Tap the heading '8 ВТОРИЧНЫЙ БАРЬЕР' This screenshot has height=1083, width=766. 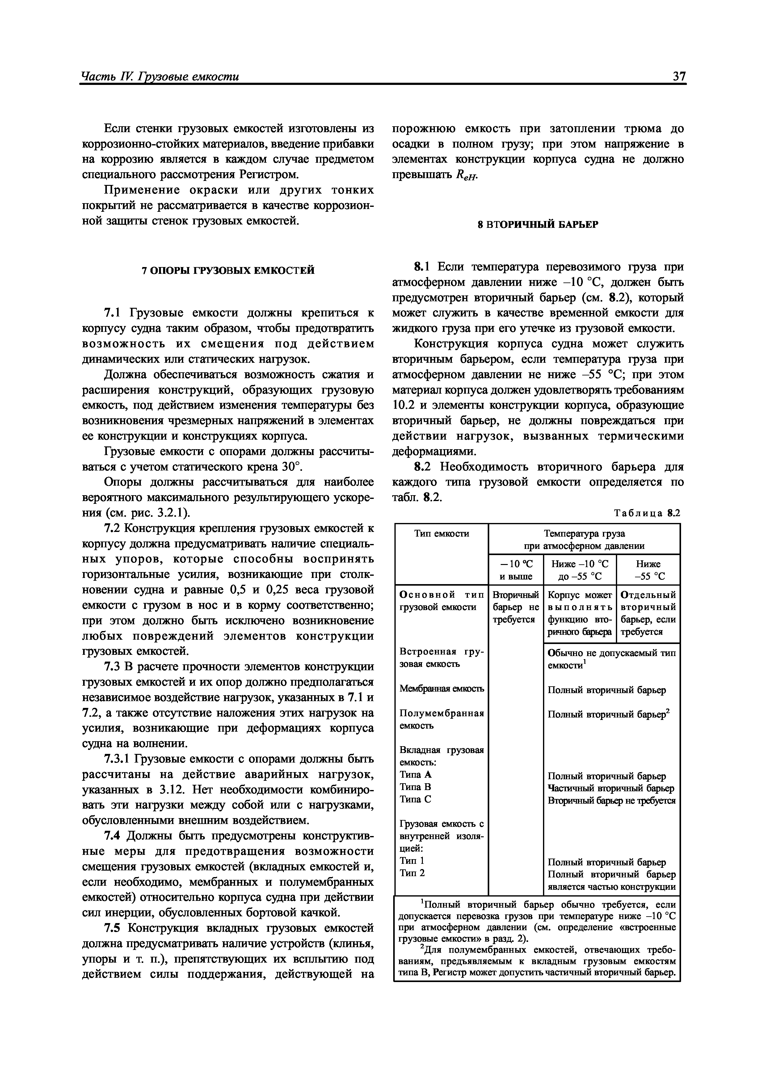tap(538, 225)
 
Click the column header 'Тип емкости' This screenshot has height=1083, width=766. tap(441, 533)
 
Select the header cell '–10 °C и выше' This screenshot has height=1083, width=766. tap(516, 570)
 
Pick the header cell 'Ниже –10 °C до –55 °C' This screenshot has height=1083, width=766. tap(579, 570)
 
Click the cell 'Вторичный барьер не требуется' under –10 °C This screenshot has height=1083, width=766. tap(516, 607)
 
